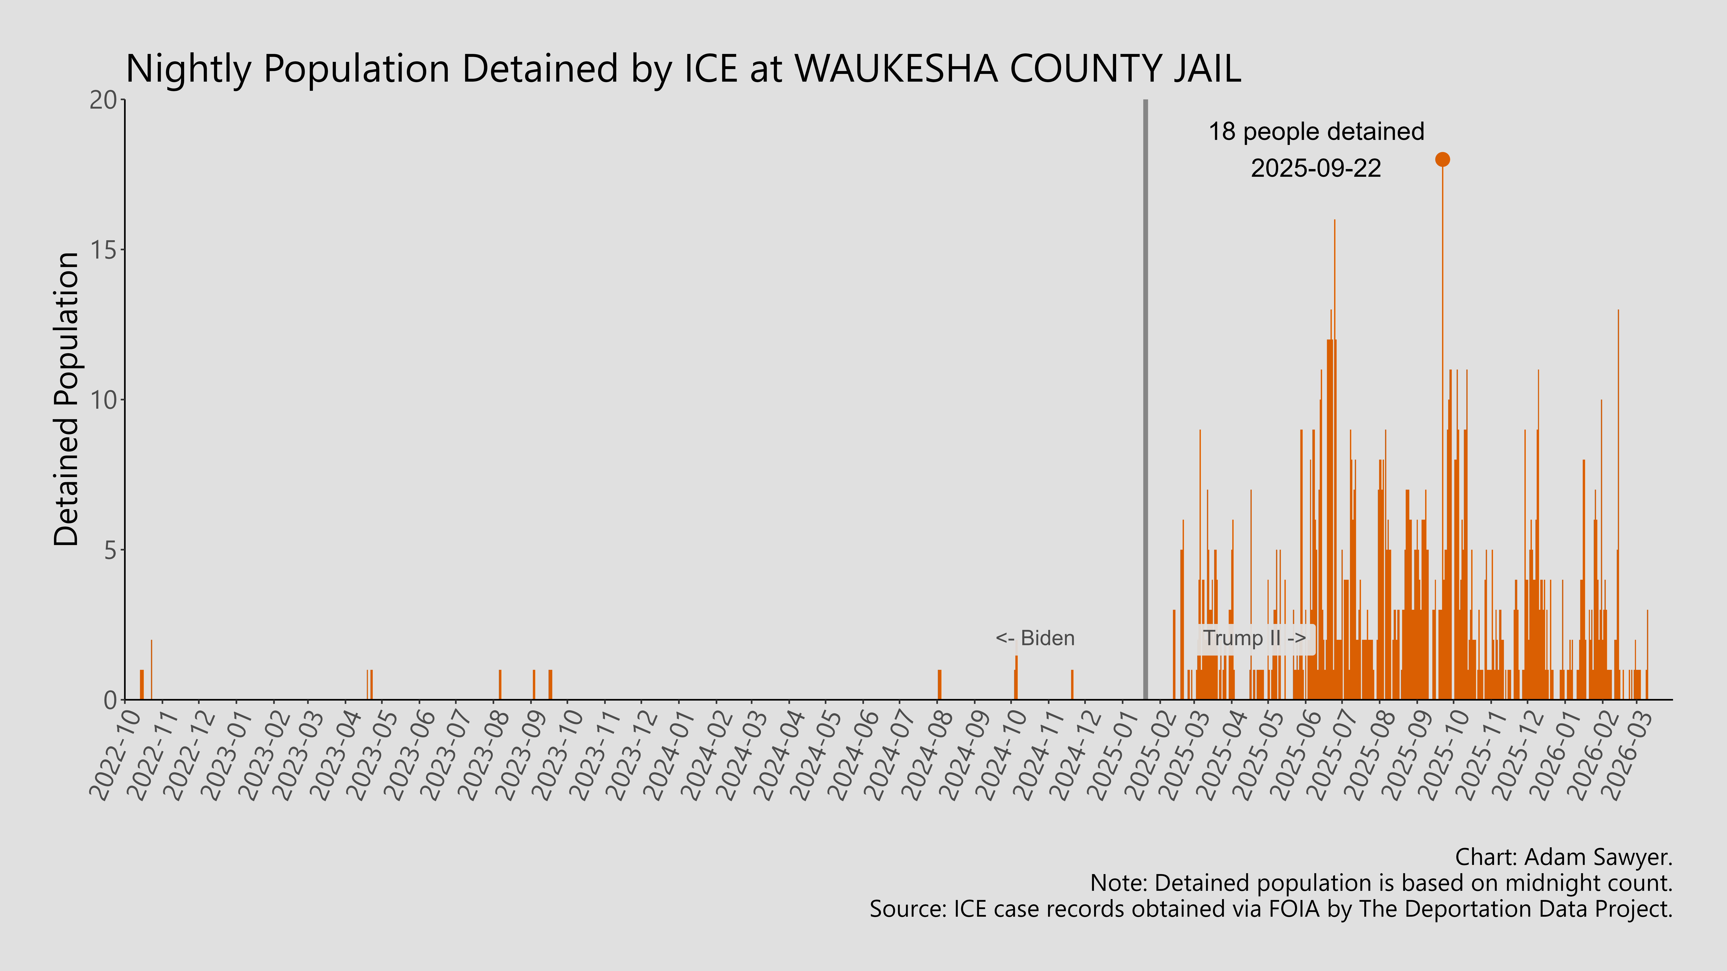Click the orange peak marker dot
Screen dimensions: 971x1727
(x=1442, y=159)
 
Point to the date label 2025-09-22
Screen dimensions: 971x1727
(x=1316, y=168)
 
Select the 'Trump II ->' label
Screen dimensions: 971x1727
(x=1254, y=638)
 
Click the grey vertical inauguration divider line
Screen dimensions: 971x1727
(x=1145, y=402)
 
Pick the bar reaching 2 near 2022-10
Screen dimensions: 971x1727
(x=151, y=670)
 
